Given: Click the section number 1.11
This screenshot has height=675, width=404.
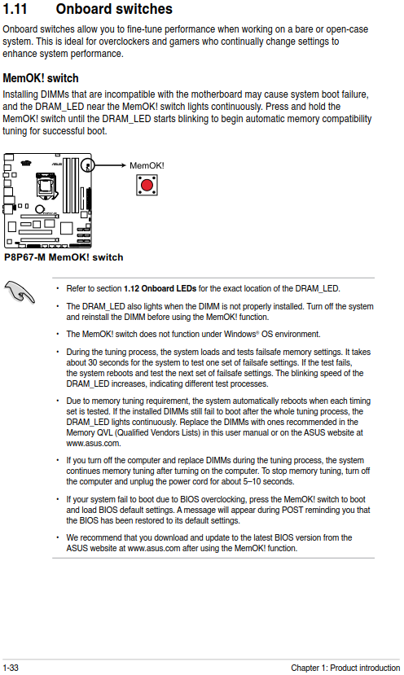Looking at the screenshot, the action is pyautogui.click(x=15, y=9).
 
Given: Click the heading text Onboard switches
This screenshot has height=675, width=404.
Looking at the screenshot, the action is pyautogui.click(x=114, y=9).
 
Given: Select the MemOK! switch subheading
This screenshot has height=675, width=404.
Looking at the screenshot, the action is pyautogui.click(x=41, y=78).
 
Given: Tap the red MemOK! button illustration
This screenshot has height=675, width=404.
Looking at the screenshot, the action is pyautogui.click(x=147, y=185).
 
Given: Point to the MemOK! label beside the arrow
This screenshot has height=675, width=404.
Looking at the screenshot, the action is pyautogui.click(x=147, y=166).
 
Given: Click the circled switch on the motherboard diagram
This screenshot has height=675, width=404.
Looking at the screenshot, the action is pyautogui.click(x=88, y=164).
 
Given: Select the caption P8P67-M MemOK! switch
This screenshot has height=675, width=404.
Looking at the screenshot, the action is pyautogui.click(x=64, y=257).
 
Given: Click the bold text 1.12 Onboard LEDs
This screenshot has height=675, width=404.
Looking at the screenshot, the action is pyautogui.click(x=160, y=288).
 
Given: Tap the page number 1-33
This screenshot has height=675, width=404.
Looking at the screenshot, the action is pyautogui.click(x=11, y=668).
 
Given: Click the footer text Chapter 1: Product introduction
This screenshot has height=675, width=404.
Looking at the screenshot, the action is pyautogui.click(x=345, y=668).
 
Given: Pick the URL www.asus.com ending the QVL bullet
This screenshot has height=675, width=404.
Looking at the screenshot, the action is pyautogui.click(x=94, y=443).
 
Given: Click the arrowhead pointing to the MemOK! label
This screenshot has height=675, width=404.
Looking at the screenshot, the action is pyautogui.click(x=123, y=165).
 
